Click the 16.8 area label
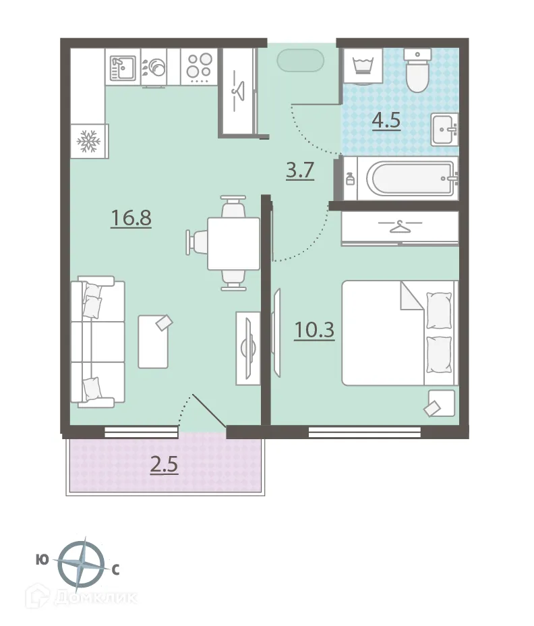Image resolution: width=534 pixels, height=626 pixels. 131,218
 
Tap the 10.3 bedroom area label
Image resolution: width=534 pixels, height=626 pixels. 314,330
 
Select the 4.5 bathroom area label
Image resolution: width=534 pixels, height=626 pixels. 386,120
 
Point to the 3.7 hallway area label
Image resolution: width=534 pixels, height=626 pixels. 300,171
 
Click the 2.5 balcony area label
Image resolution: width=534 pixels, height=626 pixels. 164,465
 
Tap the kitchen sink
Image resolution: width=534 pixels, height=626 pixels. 123,68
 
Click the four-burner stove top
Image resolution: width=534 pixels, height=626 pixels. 199,66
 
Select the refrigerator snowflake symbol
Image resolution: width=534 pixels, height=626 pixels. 88,141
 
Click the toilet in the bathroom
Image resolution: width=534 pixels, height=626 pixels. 417,70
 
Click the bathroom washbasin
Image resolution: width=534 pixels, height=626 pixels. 444,129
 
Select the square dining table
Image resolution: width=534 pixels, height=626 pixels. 233,244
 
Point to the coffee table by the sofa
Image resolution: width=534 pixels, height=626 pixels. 153,341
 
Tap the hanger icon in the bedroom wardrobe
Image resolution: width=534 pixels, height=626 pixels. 400,227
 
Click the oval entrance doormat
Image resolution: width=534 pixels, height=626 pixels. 301,60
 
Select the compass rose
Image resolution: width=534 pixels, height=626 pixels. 81,565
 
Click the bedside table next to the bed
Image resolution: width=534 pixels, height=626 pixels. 442,403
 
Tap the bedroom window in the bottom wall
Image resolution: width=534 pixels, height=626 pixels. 364,432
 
